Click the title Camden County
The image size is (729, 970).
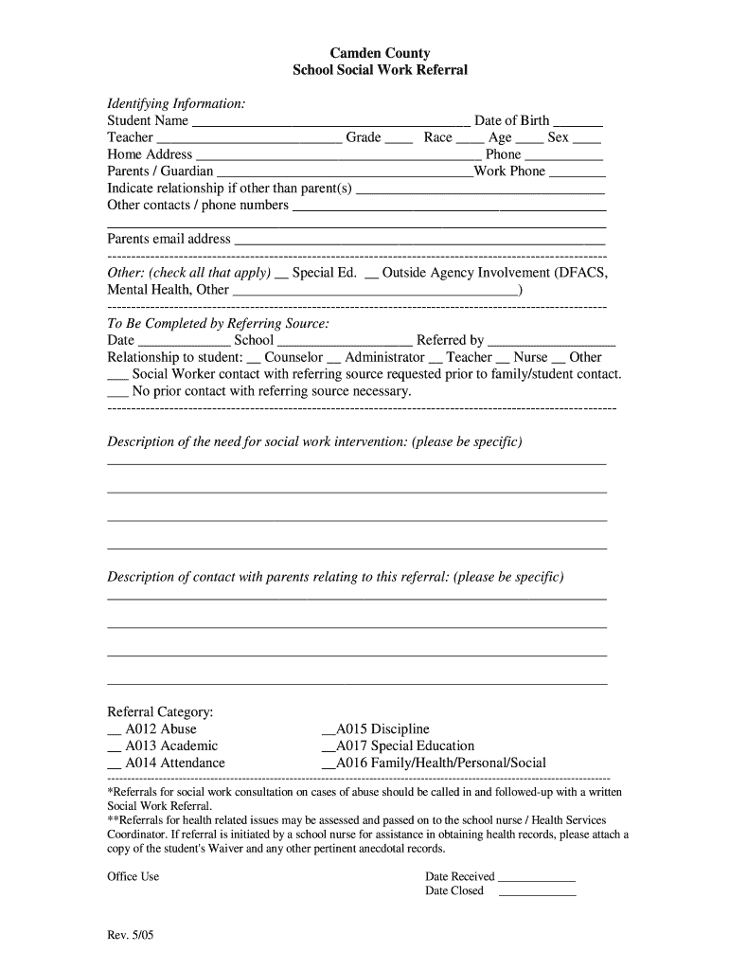pyautogui.click(x=379, y=53)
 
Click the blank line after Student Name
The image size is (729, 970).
pyautogui.click(x=331, y=123)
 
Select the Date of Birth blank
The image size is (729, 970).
pyautogui.click(x=578, y=123)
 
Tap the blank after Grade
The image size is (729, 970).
pyautogui.click(x=399, y=140)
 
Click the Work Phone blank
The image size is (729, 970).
pyautogui.click(x=578, y=174)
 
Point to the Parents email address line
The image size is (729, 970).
pyautogui.click(x=419, y=242)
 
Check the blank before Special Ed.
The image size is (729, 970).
pyautogui.click(x=281, y=276)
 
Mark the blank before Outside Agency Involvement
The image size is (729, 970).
pyautogui.click(x=371, y=276)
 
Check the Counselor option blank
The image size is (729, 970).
pyautogui.click(x=253, y=360)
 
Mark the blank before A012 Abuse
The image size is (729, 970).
pyautogui.click(x=115, y=732)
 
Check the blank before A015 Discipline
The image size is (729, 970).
pyautogui.click(x=329, y=732)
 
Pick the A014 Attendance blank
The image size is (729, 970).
pyautogui.click(x=115, y=766)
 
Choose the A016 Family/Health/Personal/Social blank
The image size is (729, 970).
pyautogui.click(x=329, y=766)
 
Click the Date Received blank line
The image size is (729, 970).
pyautogui.click(x=537, y=879)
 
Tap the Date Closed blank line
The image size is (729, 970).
pyautogui.click(x=537, y=893)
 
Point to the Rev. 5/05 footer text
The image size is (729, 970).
pyautogui.click(x=128, y=938)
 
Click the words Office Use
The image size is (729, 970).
pyautogui.click(x=133, y=876)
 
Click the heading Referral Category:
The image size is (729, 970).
pyautogui.click(x=160, y=711)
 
